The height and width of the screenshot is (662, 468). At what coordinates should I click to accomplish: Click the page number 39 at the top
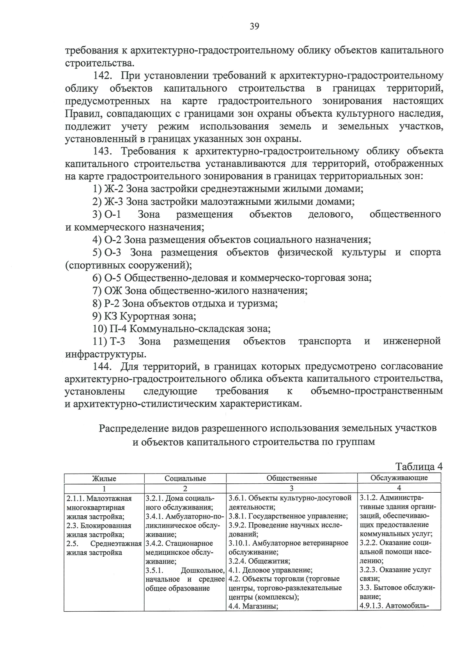tap(254, 26)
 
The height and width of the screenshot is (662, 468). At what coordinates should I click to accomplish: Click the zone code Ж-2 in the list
tap(113, 189)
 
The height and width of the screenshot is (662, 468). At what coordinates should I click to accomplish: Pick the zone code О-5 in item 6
tap(113, 278)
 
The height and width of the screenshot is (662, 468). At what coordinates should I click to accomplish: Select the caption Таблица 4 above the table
tap(419, 467)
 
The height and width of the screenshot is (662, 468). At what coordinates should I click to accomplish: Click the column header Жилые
tap(104, 478)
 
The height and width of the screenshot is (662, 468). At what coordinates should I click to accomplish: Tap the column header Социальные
tap(185, 478)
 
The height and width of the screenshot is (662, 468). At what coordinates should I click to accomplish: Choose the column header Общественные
tap(292, 478)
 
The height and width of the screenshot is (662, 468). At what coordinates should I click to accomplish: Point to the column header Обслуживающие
tap(399, 478)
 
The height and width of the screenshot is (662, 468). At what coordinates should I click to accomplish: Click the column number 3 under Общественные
tap(292, 488)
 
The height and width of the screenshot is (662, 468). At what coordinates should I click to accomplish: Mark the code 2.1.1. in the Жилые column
tap(75, 499)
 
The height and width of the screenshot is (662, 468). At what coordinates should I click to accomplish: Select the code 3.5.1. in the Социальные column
tap(154, 570)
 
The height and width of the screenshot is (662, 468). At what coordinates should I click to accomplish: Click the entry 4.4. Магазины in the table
tap(253, 606)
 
